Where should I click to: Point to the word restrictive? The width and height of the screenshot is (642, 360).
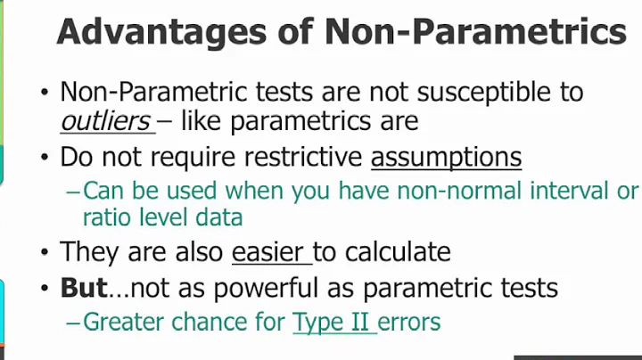pyautogui.click(x=300, y=158)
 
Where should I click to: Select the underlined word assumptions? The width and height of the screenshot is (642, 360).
pyautogui.click(x=446, y=158)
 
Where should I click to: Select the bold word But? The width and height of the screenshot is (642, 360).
pyautogui.click(x=83, y=288)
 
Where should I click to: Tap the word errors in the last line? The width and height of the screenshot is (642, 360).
pyautogui.click(x=409, y=322)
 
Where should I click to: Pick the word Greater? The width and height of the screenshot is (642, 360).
pyautogui.click(x=119, y=322)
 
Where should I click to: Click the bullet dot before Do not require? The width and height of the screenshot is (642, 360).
pyautogui.click(x=44, y=159)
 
